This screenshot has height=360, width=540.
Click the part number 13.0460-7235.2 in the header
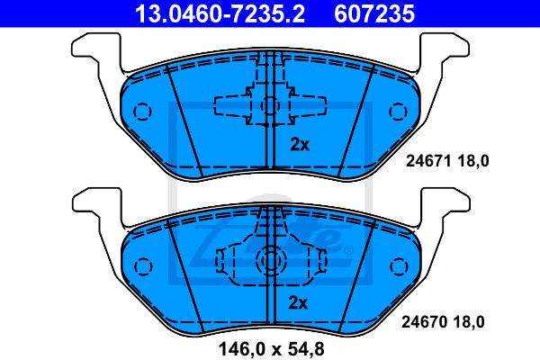220,13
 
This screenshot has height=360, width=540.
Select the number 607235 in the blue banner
374,13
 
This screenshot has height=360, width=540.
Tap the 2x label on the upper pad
300,145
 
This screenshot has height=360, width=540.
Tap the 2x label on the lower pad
298,302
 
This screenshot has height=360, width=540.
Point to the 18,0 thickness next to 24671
473,161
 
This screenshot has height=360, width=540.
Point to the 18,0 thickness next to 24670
469,322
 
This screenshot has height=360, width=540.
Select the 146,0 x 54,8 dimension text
272,349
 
